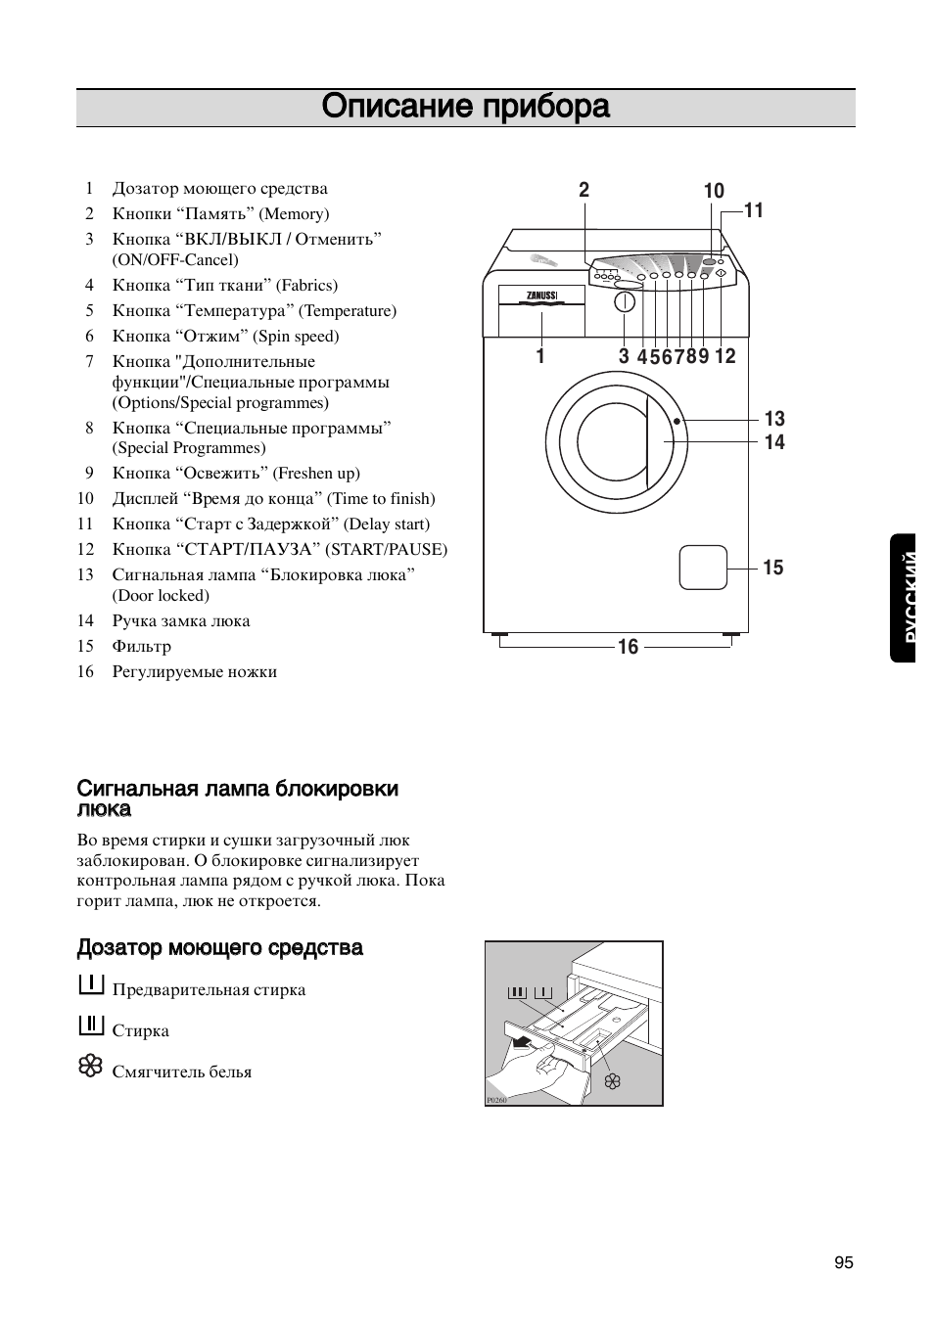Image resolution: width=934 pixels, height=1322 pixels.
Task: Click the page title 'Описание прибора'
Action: point(466,107)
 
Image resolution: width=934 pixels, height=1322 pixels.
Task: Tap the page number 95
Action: point(844,1262)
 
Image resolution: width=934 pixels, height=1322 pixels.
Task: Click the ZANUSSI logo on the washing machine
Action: point(541,295)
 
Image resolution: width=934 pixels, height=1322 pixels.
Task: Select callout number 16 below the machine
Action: point(628,647)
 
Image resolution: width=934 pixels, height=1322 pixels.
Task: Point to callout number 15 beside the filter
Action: point(773,568)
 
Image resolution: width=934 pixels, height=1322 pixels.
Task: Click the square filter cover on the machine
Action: point(703,568)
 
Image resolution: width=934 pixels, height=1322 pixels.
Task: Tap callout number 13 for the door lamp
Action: point(774,419)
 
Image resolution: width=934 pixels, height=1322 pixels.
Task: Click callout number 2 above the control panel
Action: point(584,191)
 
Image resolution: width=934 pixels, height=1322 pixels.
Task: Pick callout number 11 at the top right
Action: point(753,210)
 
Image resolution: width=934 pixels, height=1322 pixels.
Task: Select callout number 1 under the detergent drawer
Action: point(539,356)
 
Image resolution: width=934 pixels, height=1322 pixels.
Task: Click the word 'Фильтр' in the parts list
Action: point(141,646)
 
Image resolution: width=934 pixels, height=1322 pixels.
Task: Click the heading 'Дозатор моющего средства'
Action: point(220,947)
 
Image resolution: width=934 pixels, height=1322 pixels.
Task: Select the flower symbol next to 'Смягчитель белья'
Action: point(90,1066)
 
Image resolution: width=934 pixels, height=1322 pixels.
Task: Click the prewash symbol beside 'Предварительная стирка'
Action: point(90,984)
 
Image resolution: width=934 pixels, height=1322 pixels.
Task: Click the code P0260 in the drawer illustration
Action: point(496,1100)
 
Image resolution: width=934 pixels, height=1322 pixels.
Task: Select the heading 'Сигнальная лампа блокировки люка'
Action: point(238,798)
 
